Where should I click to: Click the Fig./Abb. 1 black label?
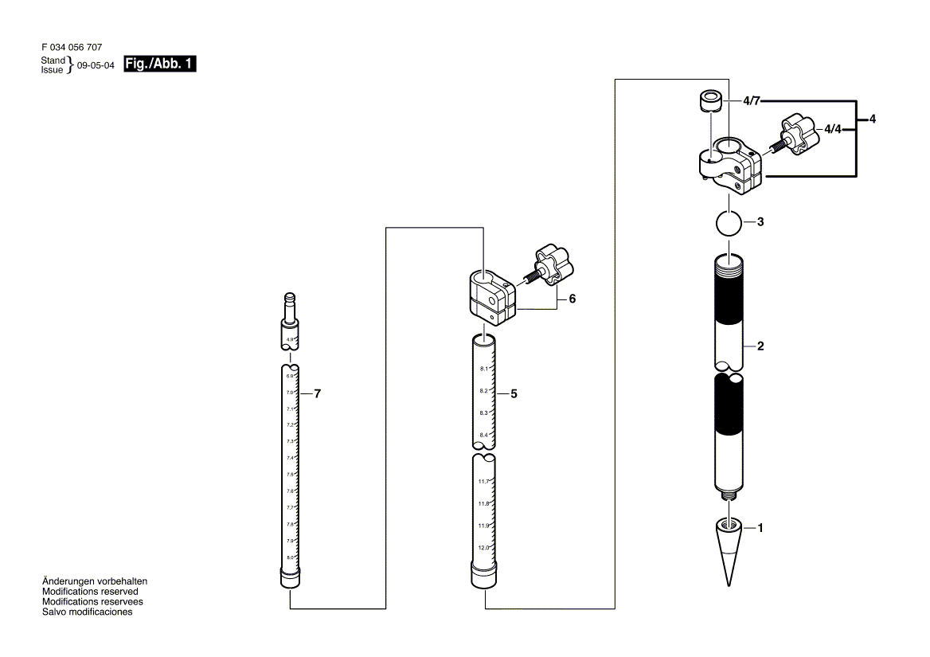click(160, 64)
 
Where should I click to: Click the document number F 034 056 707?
click(71, 48)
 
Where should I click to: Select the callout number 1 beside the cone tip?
click(760, 527)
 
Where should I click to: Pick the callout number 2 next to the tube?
click(760, 346)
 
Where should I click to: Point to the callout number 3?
click(760, 222)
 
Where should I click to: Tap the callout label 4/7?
click(752, 101)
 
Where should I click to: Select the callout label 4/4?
click(833, 128)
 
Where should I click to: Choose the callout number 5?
click(514, 393)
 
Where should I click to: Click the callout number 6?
click(572, 299)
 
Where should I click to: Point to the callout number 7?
click(317, 393)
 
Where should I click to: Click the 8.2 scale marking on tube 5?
click(483, 391)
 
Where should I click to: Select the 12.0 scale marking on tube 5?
click(483, 548)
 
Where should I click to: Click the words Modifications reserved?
click(90, 592)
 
